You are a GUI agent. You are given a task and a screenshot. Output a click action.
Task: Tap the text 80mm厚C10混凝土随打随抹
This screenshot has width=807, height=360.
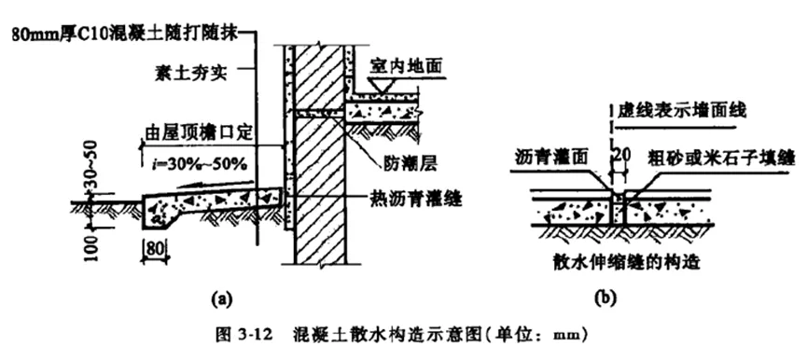point(121,35)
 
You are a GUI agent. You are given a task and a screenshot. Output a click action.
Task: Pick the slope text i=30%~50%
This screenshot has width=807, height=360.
point(198,164)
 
